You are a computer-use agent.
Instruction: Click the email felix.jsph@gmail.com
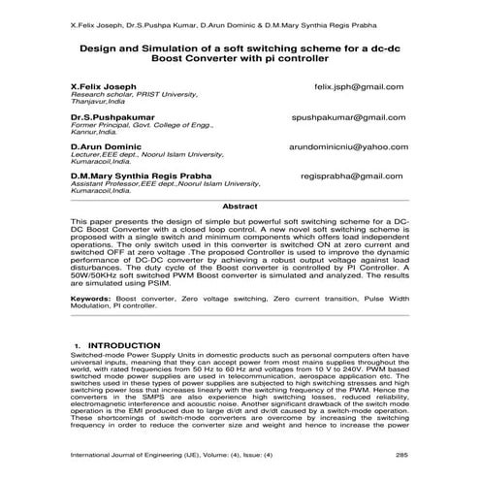pyautogui.click(x=361, y=86)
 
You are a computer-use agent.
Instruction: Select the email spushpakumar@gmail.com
pyautogui.click(x=348, y=117)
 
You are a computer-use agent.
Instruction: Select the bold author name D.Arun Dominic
pyautogui.click(x=106, y=146)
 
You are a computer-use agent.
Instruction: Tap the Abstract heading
pyautogui.click(x=240, y=208)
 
